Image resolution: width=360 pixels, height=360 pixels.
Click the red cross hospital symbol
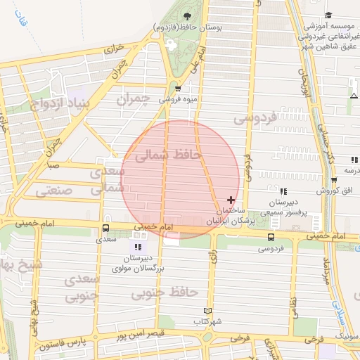coord(231,200)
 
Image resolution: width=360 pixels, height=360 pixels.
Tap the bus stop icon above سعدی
coord(105,228)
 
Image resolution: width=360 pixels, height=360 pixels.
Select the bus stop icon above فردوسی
coord(271,236)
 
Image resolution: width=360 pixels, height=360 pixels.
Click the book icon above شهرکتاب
coord(207,310)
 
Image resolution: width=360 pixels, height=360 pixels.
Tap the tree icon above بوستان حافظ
coord(187,15)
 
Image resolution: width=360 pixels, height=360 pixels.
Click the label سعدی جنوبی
coord(83,289)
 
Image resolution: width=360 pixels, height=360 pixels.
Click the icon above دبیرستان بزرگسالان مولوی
coord(138,247)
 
